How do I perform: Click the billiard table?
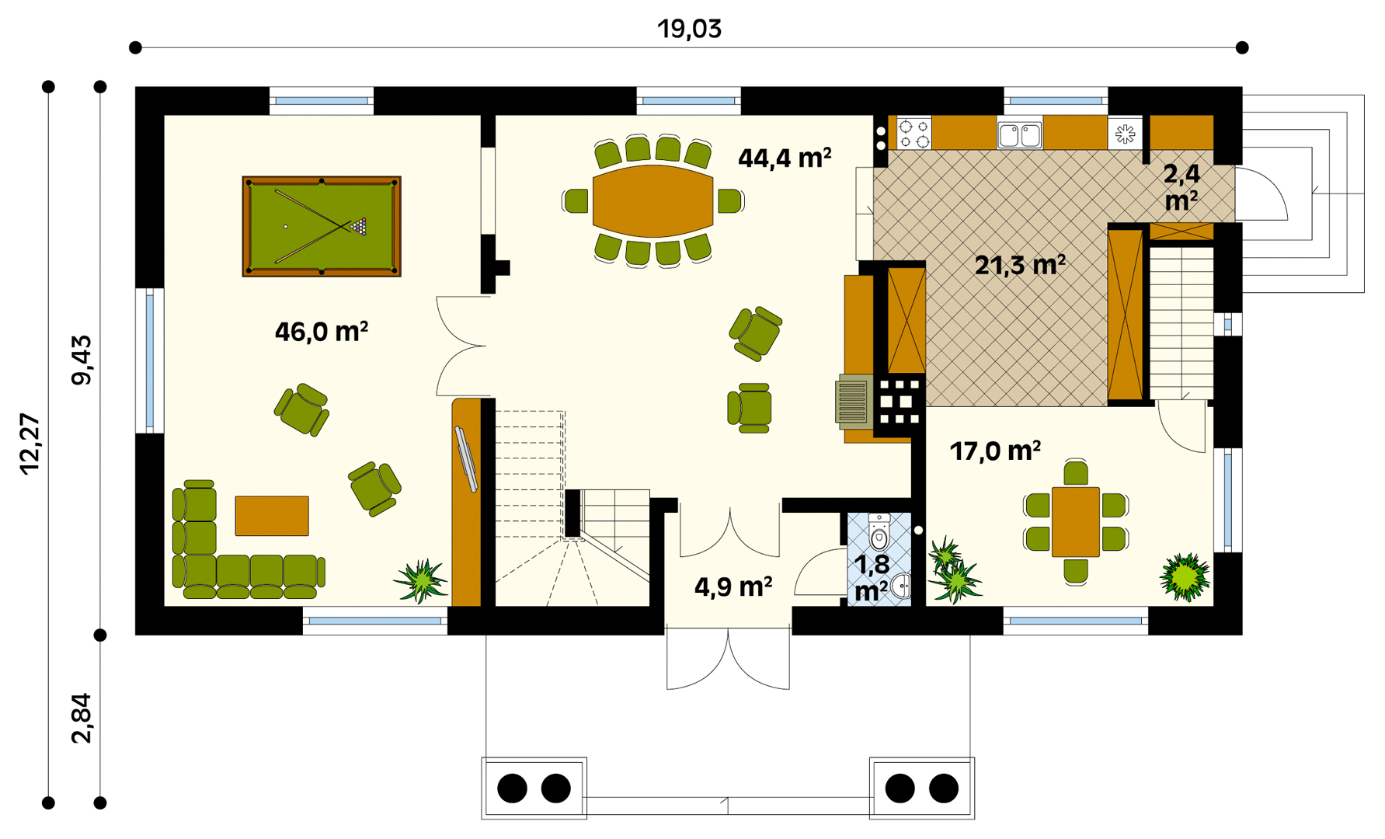click(322, 226)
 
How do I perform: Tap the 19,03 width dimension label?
click(690, 29)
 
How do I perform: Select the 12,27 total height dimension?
click(30, 444)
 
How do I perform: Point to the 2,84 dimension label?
click(81, 719)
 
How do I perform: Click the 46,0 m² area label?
click(322, 332)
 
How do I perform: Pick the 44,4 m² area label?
click(785, 158)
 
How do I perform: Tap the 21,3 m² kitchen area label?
click(1020, 266)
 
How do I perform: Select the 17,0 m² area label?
click(996, 451)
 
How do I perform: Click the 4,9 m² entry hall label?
click(733, 587)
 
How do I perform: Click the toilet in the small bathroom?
click(879, 531)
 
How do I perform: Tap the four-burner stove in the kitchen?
click(914, 133)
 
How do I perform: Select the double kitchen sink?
click(1020, 134)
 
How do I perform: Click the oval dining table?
click(652, 201)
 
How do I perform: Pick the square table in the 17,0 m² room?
click(1076, 522)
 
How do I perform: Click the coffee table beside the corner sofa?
click(272, 516)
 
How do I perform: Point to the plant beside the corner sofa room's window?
click(420, 581)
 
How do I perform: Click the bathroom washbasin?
click(901, 586)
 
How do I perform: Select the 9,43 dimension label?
click(81, 360)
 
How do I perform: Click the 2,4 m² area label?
click(1181, 187)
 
